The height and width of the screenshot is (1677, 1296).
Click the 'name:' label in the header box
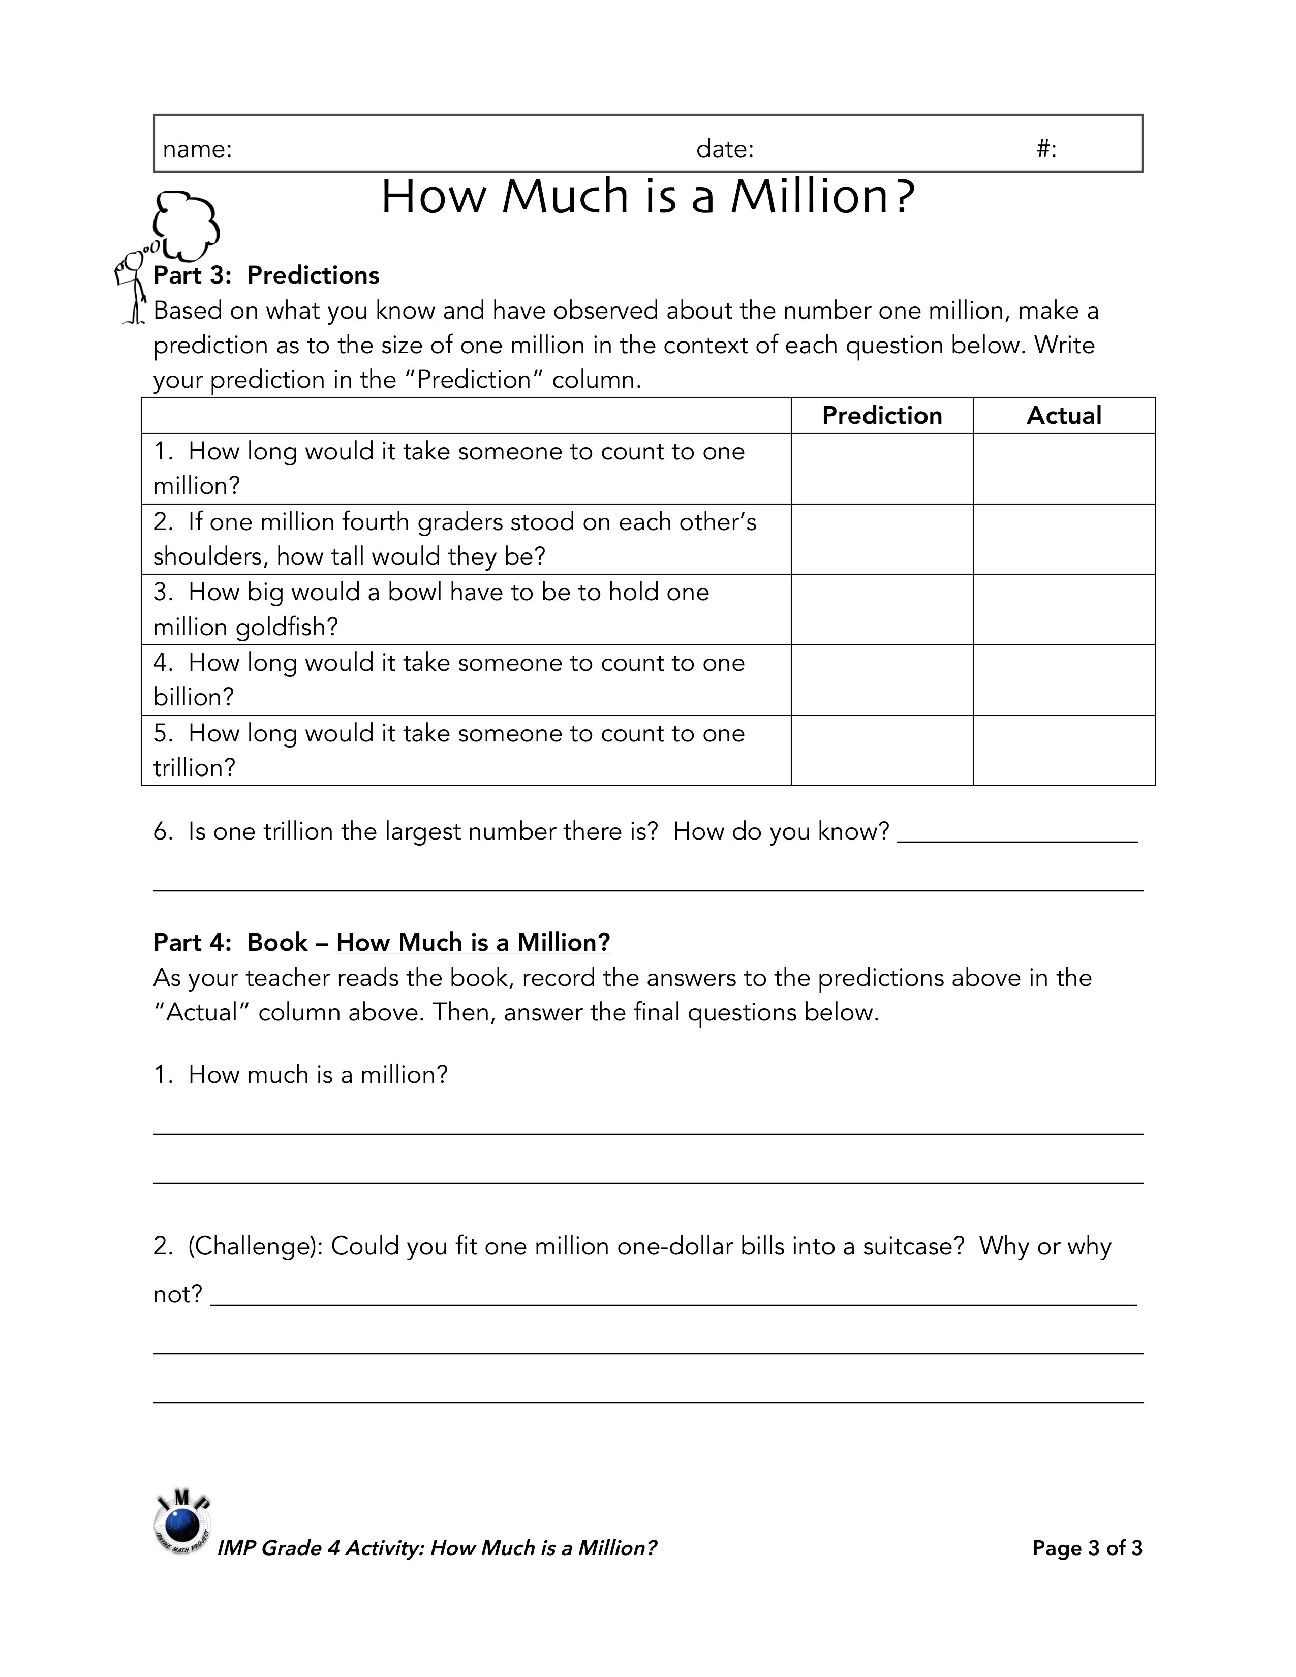click(197, 149)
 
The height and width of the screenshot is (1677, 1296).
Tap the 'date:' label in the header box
click(725, 149)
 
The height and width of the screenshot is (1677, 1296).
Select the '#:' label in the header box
click(1046, 149)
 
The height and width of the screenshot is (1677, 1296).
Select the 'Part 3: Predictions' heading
click(266, 275)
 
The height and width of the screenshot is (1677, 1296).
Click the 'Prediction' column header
click(881, 415)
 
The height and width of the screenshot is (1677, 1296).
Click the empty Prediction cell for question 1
click(881, 469)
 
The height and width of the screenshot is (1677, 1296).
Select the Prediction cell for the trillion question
click(881, 750)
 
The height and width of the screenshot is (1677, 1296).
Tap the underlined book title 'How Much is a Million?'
click(473, 942)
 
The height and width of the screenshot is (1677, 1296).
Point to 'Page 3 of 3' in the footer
click(1087, 1548)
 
